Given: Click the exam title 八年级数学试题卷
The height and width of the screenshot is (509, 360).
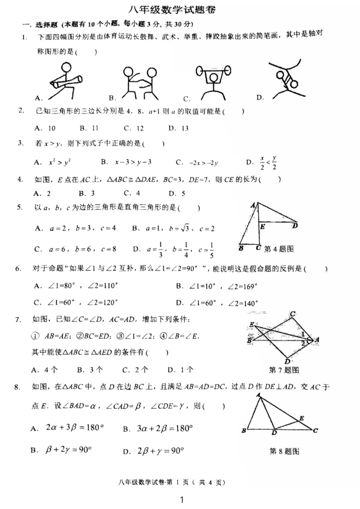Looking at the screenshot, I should pos(180,10).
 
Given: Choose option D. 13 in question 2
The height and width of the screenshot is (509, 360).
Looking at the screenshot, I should pos(179,128).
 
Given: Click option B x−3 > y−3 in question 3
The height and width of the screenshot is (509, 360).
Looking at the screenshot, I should pos(126,162).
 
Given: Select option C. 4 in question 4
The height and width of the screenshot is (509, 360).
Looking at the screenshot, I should pos(132,193).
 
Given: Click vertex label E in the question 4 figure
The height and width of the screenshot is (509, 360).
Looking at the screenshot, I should pos(262,226).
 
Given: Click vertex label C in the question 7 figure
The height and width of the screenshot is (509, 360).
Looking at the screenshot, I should pos(293,314).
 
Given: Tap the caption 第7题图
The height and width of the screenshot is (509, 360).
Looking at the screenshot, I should pos(283,370).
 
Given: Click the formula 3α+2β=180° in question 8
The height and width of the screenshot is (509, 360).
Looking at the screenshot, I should pos(158,428).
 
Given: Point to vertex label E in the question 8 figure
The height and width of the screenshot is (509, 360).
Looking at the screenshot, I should pos(302,418).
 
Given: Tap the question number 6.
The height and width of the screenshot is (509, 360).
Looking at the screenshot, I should pos(18,269).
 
